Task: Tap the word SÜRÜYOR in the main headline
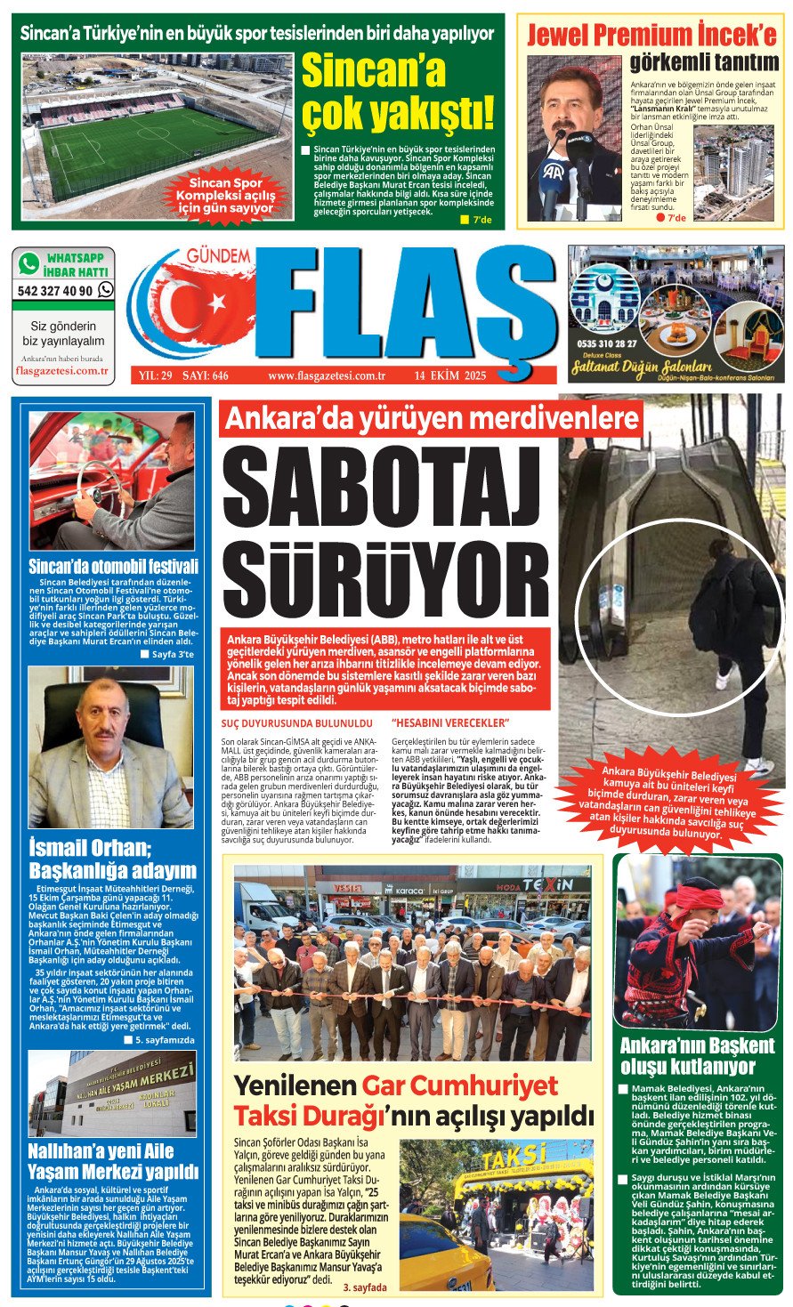click(385, 578)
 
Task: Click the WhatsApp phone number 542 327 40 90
click(55, 291)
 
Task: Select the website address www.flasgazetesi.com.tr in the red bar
click(326, 375)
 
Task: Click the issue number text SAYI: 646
click(206, 375)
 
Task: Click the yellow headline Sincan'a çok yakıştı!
click(397, 93)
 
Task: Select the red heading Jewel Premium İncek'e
click(651, 35)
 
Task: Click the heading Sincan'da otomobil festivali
click(113, 567)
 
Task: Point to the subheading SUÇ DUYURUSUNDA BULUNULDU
click(296, 723)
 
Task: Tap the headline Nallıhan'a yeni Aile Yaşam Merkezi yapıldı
click(113, 1161)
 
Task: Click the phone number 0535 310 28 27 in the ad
click(606, 343)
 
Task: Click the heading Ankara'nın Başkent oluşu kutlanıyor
click(698, 1056)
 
